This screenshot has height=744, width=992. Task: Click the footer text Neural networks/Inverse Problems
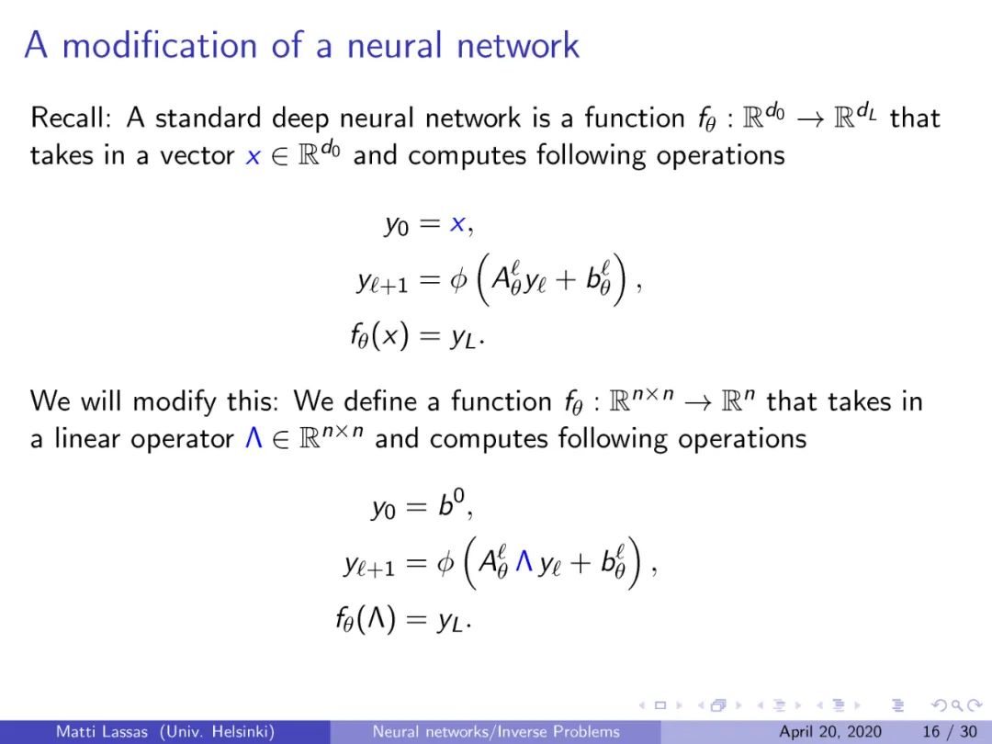(x=495, y=732)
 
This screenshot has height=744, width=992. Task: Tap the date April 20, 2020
(x=829, y=732)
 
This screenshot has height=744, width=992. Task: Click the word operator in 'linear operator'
(x=183, y=438)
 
